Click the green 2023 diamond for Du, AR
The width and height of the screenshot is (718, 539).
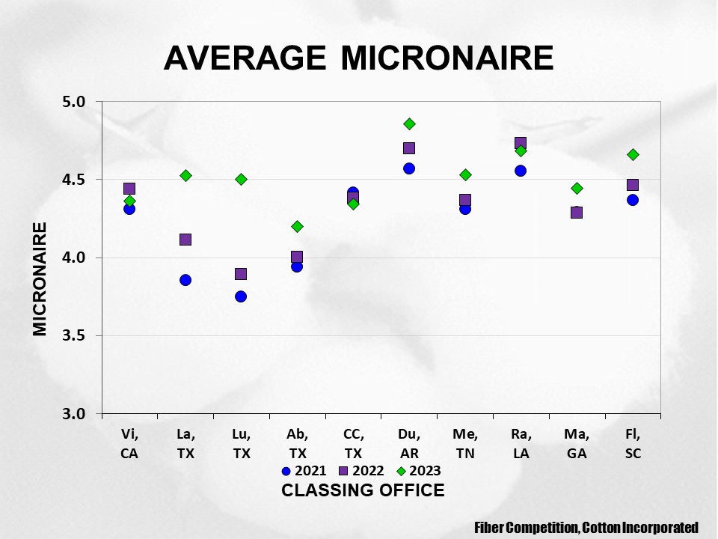point(409,124)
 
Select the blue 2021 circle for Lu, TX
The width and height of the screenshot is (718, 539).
point(241,296)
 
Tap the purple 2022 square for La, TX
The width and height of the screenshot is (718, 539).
point(185,240)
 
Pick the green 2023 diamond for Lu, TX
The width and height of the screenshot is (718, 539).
point(241,179)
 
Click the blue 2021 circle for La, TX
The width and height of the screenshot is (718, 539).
point(185,280)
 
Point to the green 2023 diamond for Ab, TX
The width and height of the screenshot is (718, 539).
point(297,226)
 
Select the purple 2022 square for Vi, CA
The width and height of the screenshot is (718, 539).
point(129,189)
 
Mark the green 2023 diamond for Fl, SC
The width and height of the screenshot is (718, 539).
point(633,154)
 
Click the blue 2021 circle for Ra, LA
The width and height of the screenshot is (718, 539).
point(521,171)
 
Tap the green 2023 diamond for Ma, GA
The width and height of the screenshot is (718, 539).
point(577,188)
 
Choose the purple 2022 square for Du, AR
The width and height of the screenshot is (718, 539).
point(409,148)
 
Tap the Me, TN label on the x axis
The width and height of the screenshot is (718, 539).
point(465,444)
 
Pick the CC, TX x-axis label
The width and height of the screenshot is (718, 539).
point(353,444)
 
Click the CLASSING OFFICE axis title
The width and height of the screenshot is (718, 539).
point(363,490)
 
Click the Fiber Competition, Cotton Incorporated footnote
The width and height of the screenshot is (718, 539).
point(586,528)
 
